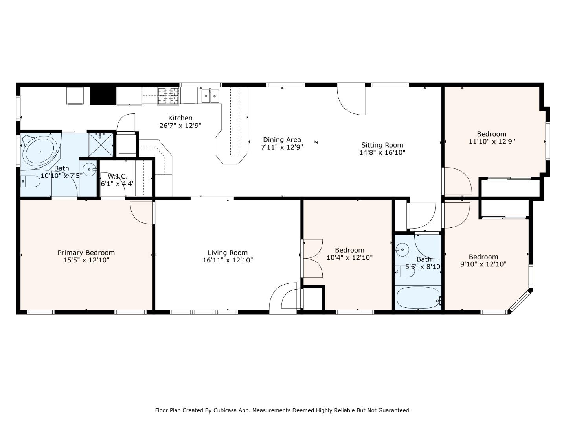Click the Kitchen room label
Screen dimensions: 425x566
coord(180,118)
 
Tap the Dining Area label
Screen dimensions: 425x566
coord(282,140)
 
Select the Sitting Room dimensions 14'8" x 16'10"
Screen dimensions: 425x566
coord(382,152)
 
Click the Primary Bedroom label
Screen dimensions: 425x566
coord(86,253)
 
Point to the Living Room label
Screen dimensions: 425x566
coord(228,253)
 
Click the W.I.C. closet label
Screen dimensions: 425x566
coord(118,177)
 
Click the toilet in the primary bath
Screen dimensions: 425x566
coord(31,182)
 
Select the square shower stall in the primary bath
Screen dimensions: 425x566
coord(101,144)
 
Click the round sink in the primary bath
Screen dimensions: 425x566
coord(90,170)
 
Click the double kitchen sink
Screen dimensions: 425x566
coord(210,96)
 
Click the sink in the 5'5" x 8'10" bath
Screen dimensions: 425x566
coord(402,249)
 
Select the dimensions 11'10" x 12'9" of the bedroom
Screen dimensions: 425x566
coord(492,141)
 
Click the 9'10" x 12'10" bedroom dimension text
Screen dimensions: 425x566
coord(483,264)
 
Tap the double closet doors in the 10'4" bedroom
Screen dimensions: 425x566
coord(312,259)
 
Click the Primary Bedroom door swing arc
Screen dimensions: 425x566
coord(141,213)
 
